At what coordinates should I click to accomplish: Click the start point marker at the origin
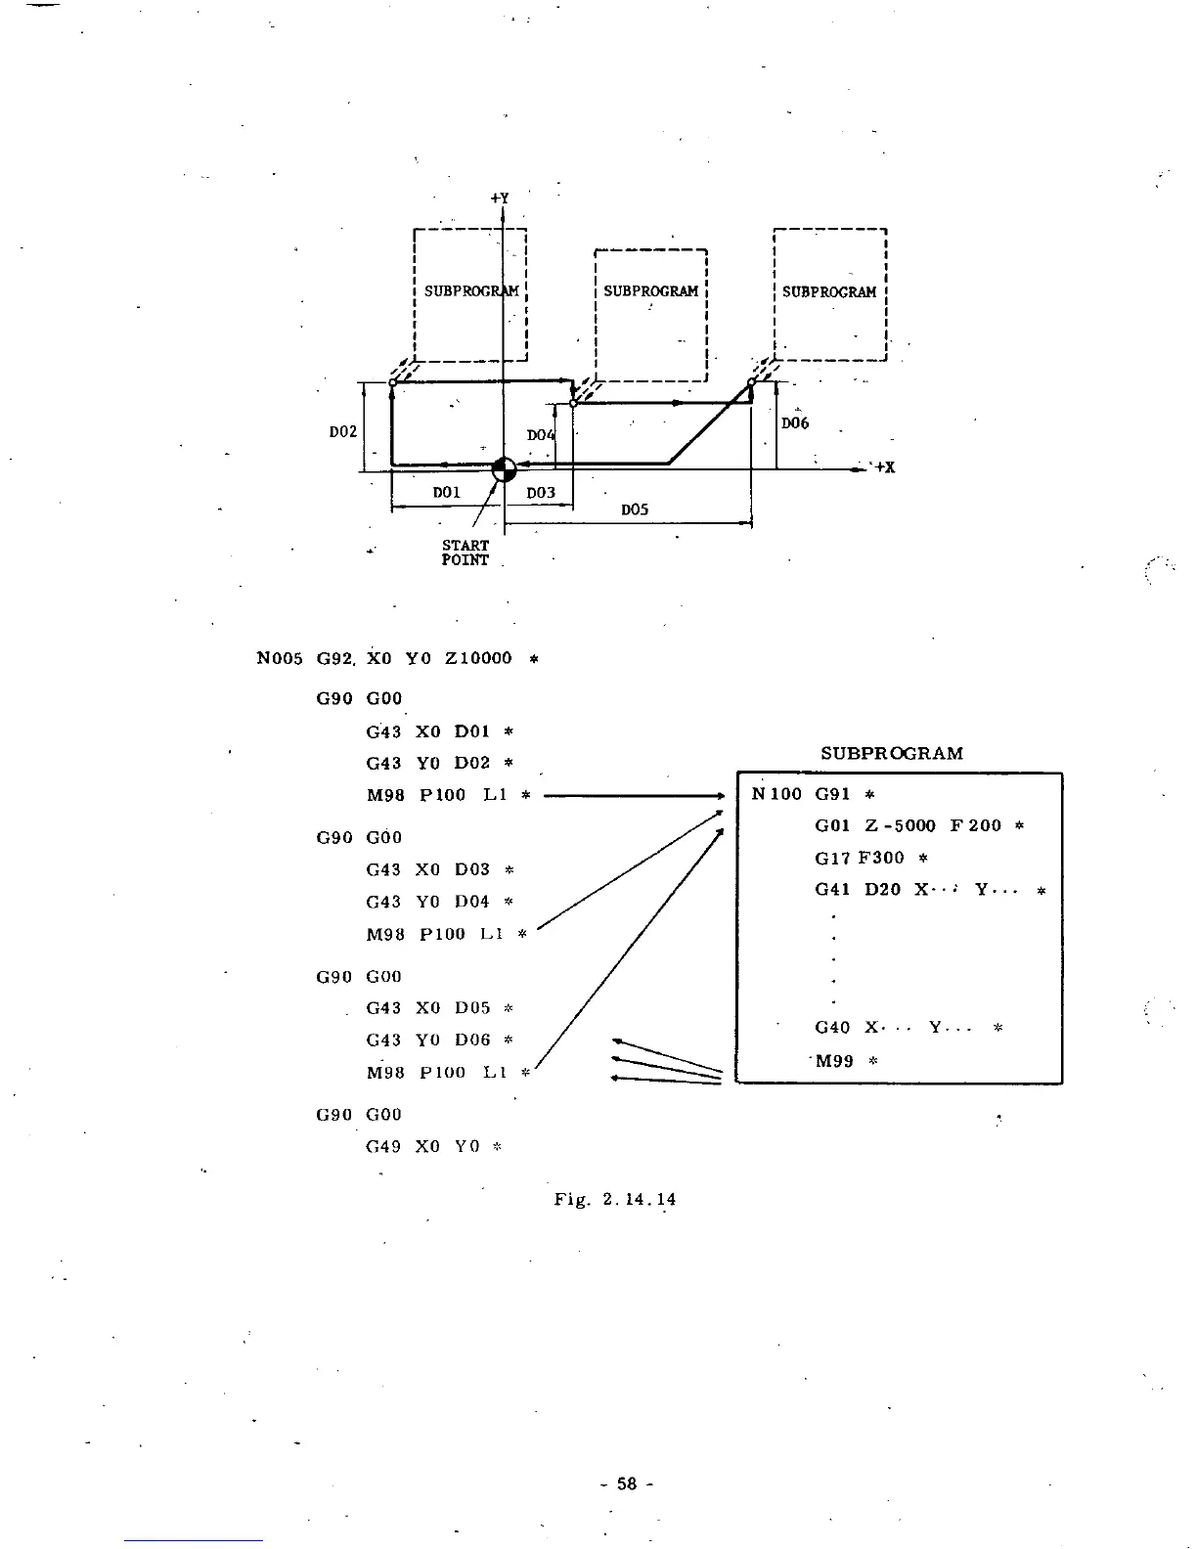tap(504, 468)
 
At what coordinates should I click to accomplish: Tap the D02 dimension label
tap(342, 431)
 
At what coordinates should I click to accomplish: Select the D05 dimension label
tap(635, 509)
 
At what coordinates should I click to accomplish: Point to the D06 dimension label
tap(795, 423)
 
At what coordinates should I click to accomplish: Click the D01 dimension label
tap(446, 492)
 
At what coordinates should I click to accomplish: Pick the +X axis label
tap(884, 467)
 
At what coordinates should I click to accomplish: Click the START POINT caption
tap(465, 553)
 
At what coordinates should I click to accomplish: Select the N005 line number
tap(281, 658)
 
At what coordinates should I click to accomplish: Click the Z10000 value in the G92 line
tap(478, 658)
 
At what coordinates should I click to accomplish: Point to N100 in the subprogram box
tap(776, 793)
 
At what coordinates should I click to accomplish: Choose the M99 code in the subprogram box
tap(834, 1060)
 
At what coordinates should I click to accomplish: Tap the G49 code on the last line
tap(383, 1146)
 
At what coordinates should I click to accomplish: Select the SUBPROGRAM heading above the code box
tap(892, 753)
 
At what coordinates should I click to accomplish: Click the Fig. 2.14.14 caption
tap(615, 1199)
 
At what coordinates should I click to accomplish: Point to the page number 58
tap(626, 1483)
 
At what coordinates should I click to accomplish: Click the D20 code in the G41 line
tap(883, 890)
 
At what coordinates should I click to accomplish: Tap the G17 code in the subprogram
tap(832, 858)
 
